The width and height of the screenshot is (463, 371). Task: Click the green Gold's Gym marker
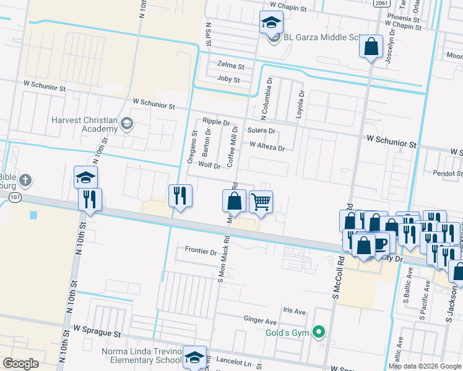point(319,333)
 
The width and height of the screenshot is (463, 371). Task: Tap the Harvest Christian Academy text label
point(85,124)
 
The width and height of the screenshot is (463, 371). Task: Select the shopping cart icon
point(261,201)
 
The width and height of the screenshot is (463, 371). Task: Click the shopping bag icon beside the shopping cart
point(234,200)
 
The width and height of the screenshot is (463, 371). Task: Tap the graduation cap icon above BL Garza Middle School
point(270,23)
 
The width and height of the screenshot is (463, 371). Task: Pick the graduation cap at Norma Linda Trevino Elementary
point(194,357)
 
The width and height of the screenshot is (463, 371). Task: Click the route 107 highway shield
point(15,197)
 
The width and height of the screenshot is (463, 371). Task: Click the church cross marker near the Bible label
point(25,181)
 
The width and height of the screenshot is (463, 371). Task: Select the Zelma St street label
point(231,65)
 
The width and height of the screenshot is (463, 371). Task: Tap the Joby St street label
point(228,79)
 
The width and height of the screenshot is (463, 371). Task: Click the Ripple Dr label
point(217,122)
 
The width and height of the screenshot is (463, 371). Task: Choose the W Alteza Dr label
point(267,147)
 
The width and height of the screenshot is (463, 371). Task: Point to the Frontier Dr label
point(201,252)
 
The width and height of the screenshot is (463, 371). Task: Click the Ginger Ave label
point(260,322)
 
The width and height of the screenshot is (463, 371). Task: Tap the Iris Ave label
point(294,311)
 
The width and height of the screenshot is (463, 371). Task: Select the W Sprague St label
point(98,333)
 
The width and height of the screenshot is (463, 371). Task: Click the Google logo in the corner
point(20,364)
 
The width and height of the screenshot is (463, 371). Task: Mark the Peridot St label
point(448,173)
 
